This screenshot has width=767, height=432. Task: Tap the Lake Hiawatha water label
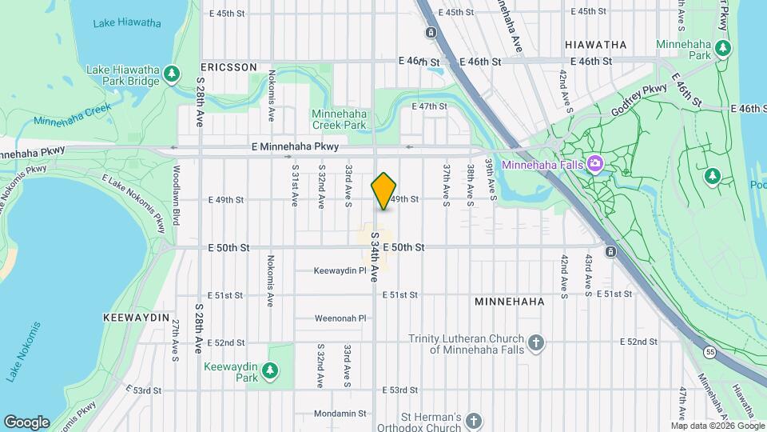click(126, 22)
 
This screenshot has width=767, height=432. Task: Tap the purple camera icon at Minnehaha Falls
click(594, 165)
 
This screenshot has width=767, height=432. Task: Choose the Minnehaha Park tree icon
click(723, 48)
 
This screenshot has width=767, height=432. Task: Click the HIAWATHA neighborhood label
click(595, 45)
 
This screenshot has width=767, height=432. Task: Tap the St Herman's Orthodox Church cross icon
click(474, 420)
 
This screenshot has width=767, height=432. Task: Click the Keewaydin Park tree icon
click(271, 370)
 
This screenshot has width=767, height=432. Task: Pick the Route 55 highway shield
click(709, 351)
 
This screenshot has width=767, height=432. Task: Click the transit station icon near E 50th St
click(610, 252)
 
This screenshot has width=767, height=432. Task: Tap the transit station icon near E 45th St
click(431, 33)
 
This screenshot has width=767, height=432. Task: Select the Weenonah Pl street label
click(340, 318)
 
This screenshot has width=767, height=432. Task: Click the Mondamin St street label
click(340, 414)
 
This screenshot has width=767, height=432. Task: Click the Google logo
click(26, 422)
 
